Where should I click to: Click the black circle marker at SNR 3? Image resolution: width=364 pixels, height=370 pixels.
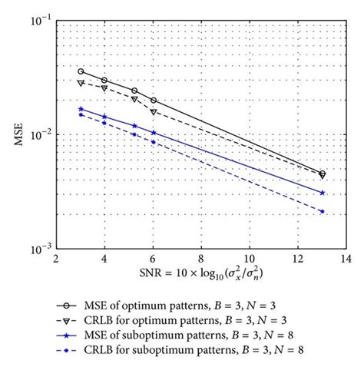[81, 71]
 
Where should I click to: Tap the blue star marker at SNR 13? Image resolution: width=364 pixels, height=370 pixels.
[322, 193]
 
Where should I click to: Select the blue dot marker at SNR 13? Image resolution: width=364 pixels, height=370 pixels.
[322, 211]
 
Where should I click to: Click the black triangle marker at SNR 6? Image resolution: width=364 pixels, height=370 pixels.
[154, 112]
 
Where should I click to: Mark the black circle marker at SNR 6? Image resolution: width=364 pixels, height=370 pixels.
[154, 101]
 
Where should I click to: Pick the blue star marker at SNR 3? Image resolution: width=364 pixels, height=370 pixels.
[81, 109]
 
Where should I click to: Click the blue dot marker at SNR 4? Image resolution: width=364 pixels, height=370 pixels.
[104, 123]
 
